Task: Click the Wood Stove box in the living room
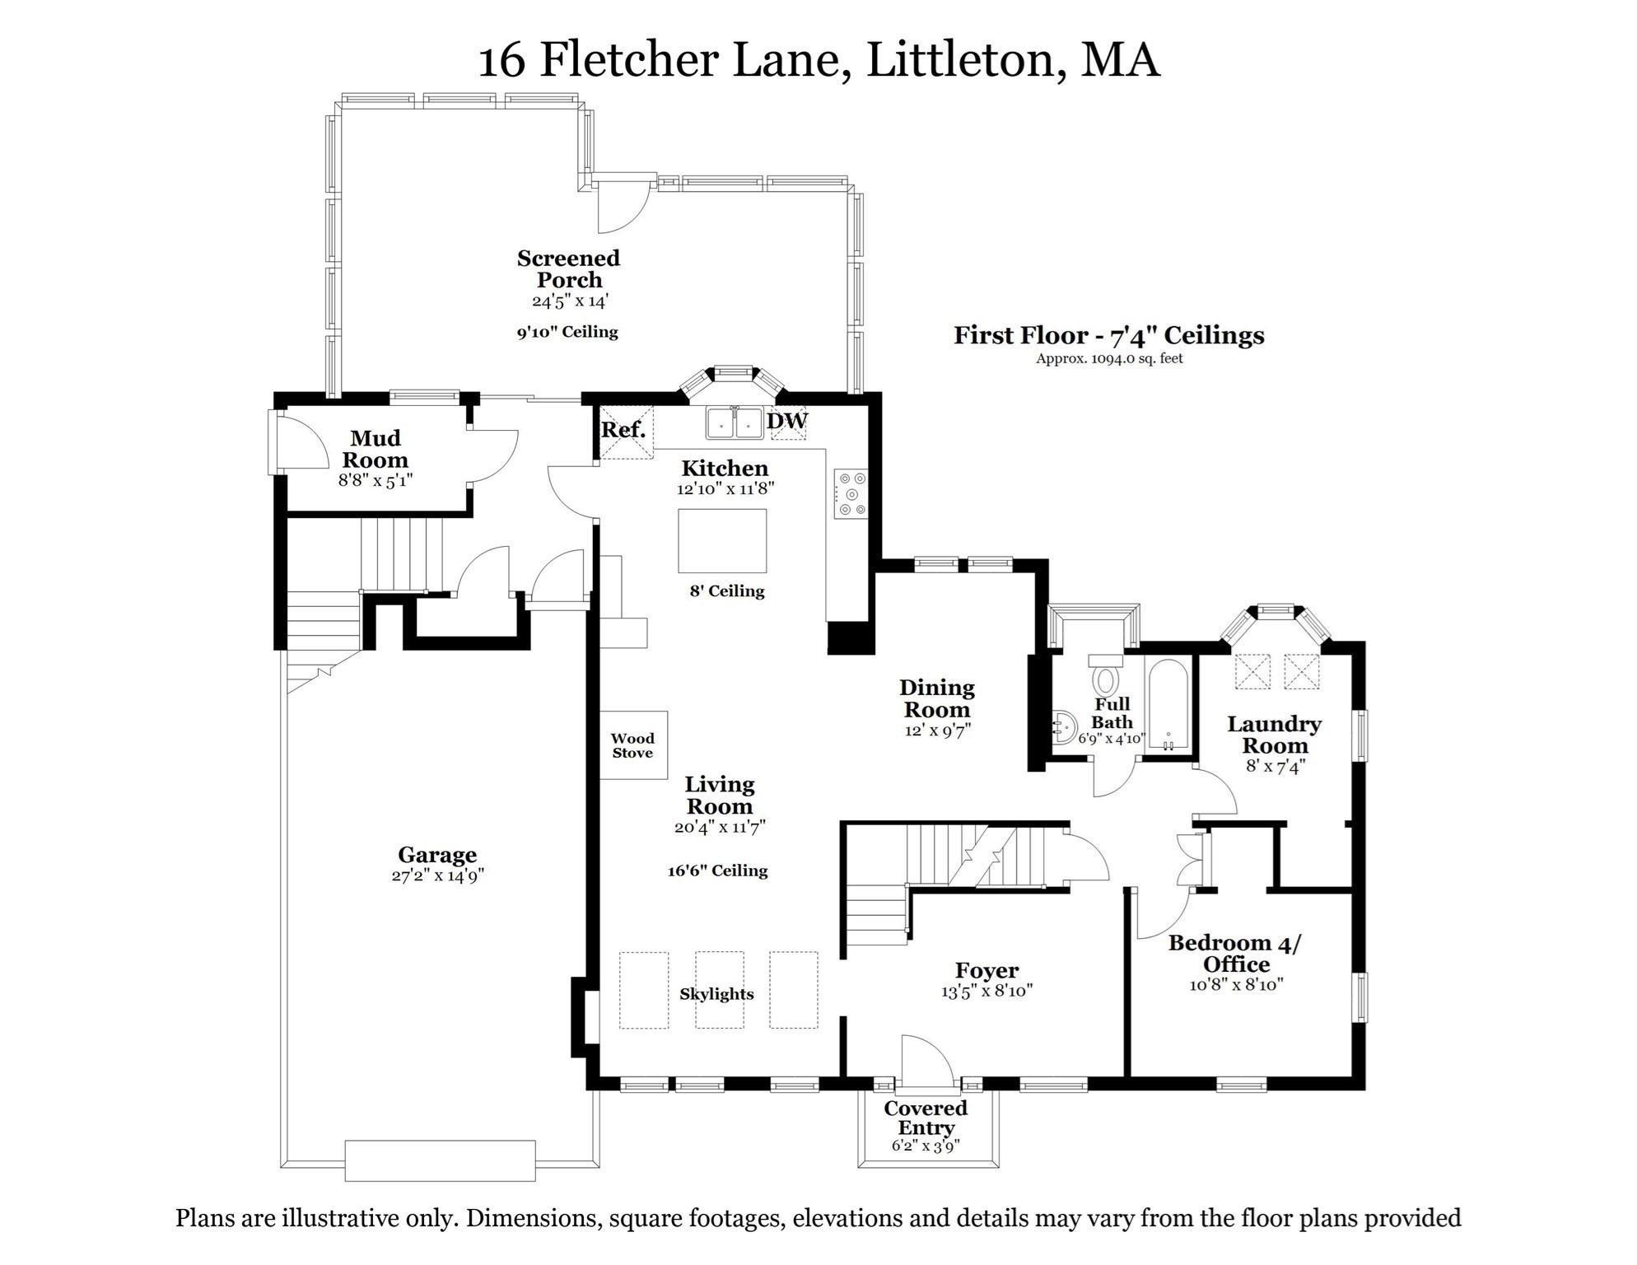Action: (x=632, y=745)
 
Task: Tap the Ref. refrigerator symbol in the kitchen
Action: (x=625, y=431)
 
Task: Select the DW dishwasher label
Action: (x=787, y=421)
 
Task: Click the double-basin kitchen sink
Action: (x=734, y=422)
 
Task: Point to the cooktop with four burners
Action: (x=850, y=493)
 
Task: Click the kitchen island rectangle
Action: (x=722, y=540)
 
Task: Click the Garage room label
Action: (x=437, y=855)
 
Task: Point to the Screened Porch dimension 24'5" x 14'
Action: (x=569, y=301)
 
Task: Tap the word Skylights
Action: (x=716, y=994)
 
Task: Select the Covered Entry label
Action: (x=926, y=1118)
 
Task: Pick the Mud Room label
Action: (x=375, y=449)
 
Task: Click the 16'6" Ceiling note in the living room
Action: (x=717, y=871)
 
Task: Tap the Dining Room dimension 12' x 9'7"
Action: (x=937, y=731)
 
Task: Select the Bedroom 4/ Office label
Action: (x=1234, y=953)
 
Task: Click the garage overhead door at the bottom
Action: (x=440, y=1160)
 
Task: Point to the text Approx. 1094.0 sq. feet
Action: (x=1108, y=358)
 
